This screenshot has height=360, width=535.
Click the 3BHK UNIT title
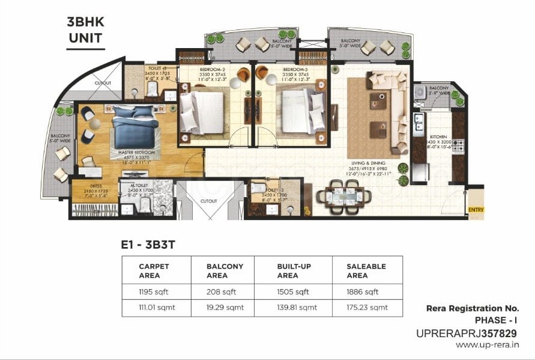[85, 31]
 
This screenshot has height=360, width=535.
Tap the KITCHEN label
[436, 137]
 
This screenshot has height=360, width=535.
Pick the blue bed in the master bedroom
[133, 125]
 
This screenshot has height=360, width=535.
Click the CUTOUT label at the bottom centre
[208, 201]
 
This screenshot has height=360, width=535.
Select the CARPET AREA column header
[154, 270]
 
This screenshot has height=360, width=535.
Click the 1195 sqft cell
[154, 292]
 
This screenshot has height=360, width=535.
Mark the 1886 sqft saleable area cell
[363, 292]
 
